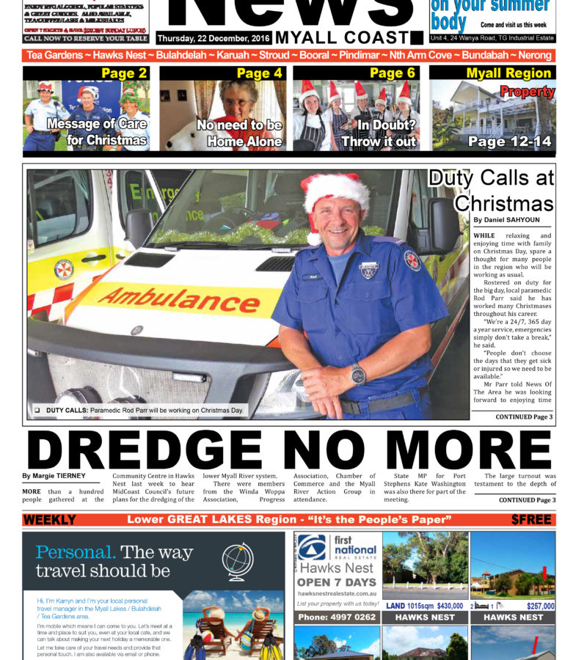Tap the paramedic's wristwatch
coord(358,374)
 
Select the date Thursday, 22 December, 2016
coord(213,38)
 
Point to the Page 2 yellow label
coord(124,73)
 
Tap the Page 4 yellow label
coord(259,73)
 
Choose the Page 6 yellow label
coord(393,73)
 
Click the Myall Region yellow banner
coord(508,73)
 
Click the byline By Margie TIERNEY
coord(54,476)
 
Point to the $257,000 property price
coord(541,606)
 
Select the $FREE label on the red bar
coord(533,520)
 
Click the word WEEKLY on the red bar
coord(50,520)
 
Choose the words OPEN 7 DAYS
coord(336,582)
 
